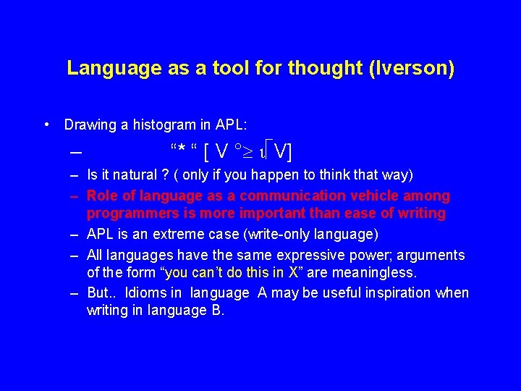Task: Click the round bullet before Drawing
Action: [46, 124]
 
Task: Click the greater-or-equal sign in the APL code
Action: [250, 151]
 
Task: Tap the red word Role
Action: [101, 195]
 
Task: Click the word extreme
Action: [192, 234]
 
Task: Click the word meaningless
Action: [378, 272]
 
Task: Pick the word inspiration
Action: [393, 293]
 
